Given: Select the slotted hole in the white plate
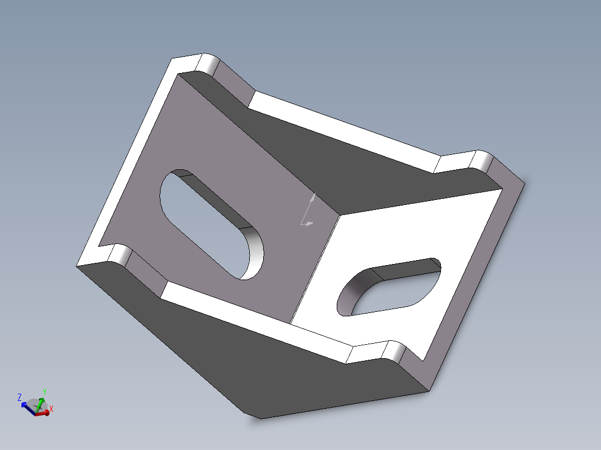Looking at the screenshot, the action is tap(389, 287).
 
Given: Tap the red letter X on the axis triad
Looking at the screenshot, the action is tap(51, 409).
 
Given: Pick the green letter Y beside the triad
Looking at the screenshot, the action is tap(45, 392).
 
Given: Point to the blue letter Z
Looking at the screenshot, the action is tap(20, 398).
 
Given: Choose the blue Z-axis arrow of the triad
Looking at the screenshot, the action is tap(28, 408).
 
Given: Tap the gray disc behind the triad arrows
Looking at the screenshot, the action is tap(36, 405).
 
